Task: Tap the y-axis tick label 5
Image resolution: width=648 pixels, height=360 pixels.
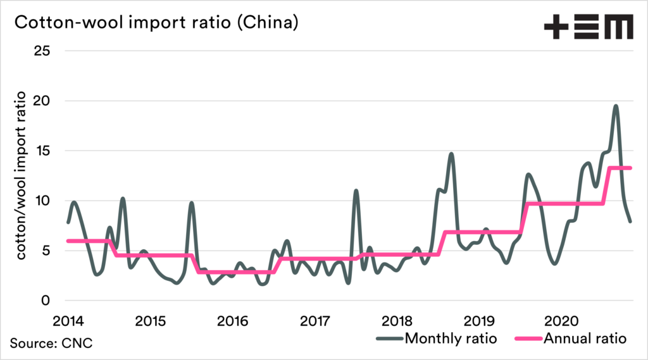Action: click(x=46, y=251)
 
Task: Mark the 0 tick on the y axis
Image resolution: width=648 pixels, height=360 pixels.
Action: click(x=46, y=301)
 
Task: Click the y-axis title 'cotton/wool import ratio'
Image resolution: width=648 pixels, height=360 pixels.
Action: click(x=20, y=175)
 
